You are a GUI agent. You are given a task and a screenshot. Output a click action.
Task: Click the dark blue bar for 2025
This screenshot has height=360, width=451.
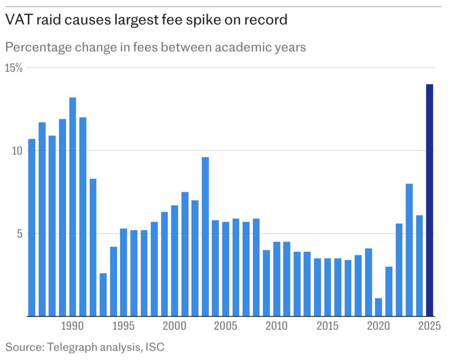coord(429,200)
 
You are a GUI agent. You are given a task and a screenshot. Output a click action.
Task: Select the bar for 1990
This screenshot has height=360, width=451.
coord(73,207)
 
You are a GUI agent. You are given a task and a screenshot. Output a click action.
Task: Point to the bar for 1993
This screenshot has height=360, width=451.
coord(103,294)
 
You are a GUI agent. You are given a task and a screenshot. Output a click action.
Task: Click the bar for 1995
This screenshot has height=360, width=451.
coord(124,272)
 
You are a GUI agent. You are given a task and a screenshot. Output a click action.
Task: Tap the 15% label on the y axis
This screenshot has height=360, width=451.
coord(15,68)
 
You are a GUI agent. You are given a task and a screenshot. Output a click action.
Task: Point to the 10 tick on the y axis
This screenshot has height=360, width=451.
coord(16,151)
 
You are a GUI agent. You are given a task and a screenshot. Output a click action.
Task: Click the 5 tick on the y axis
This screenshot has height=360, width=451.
coord(19,233)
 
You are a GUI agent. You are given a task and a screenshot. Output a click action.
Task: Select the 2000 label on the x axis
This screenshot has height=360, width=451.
coord(175,327)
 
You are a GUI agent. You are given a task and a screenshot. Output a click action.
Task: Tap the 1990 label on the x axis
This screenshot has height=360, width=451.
coord(73,327)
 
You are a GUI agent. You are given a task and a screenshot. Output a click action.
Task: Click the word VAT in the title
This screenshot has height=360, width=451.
coord(17,20)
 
